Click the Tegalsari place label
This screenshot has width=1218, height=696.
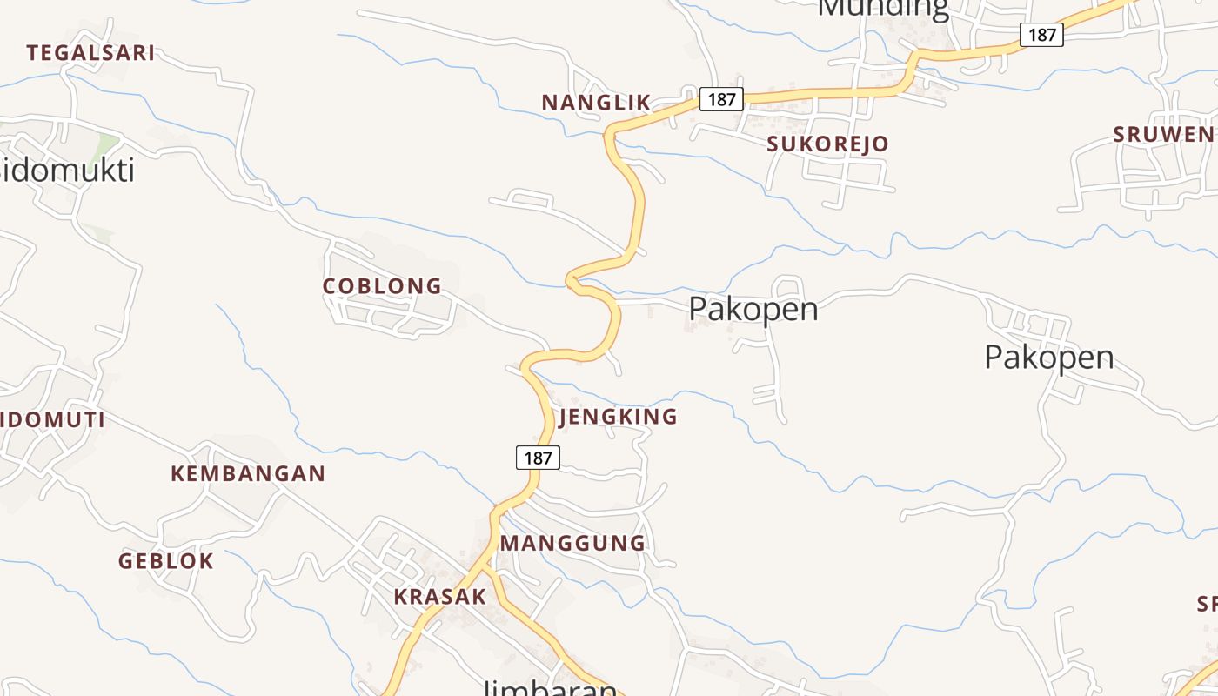point(90,53)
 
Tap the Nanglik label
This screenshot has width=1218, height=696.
point(596,103)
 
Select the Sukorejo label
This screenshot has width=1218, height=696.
point(827,144)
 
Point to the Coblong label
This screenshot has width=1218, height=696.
point(382,286)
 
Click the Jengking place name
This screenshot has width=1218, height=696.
point(618,417)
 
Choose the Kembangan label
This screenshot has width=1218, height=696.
point(248,474)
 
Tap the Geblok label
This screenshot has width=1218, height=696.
point(166,561)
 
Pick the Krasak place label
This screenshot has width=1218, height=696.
point(439,597)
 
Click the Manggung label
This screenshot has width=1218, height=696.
point(572,544)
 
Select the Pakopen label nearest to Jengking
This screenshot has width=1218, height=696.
point(753,309)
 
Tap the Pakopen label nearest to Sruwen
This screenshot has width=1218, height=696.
point(1048,357)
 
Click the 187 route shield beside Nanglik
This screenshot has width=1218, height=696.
point(721,99)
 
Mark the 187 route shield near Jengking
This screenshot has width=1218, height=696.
point(538,457)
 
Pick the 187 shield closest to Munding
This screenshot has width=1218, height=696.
point(1041,35)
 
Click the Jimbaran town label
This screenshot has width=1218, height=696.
point(550,687)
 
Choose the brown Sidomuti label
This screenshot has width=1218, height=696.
point(52,420)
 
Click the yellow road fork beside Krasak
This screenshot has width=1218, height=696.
point(485,567)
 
